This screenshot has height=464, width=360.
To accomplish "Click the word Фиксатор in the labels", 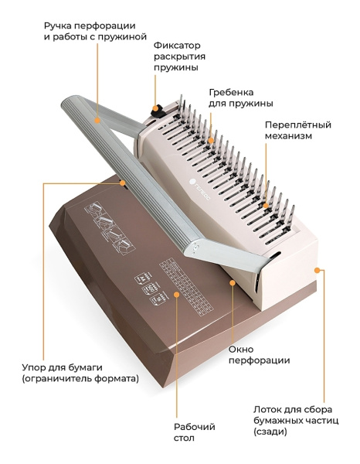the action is (x=177, y=46).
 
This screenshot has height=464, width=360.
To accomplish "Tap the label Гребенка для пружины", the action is (x=240, y=98).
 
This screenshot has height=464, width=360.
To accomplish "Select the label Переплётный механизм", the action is (x=297, y=130).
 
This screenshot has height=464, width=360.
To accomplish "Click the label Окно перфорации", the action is (x=259, y=355).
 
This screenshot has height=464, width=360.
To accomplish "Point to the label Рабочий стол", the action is (x=194, y=432).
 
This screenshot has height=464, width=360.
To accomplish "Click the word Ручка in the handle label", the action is (x=58, y=26).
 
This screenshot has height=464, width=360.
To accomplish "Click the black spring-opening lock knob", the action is (x=158, y=111).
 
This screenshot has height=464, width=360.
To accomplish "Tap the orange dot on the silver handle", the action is (x=97, y=120).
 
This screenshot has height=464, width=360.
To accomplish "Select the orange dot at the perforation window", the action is (x=233, y=283).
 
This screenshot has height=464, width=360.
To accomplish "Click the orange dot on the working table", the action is (x=176, y=295).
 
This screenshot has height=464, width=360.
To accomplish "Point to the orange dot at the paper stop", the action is (x=122, y=183).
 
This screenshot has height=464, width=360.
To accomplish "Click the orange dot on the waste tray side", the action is (x=317, y=270).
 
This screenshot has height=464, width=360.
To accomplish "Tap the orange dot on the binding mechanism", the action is (x=266, y=205).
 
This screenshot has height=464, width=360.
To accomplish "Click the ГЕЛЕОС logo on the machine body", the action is (x=199, y=189).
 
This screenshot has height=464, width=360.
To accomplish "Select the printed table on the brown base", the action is (x=186, y=285).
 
